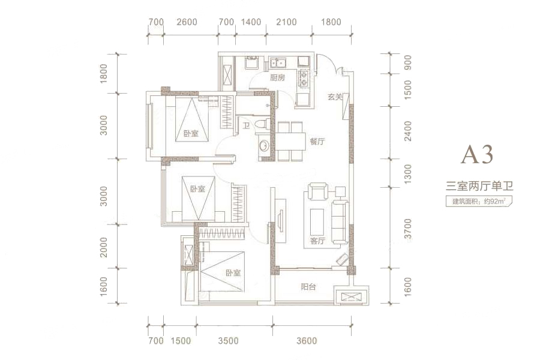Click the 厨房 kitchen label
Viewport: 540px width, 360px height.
(x=277, y=78)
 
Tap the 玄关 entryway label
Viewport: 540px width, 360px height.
(x=334, y=97)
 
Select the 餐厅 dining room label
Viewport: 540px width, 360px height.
(x=317, y=141)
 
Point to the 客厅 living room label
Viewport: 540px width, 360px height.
(x=317, y=241)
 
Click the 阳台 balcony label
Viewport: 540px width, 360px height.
(x=308, y=287)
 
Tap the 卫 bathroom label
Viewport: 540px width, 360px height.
(x=246, y=126)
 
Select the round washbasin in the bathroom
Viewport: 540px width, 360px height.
(x=264, y=146)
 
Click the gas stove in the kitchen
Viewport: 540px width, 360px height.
(x=304, y=78)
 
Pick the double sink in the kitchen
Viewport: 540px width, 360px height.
(x=279, y=63)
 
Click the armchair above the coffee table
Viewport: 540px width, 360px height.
(x=317, y=191)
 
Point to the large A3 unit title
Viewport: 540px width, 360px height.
(x=478, y=154)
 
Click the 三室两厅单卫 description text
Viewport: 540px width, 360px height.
(x=479, y=187)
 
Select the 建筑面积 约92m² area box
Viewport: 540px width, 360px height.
(x=479, y=201)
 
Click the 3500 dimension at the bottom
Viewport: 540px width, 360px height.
(x=229, y=341)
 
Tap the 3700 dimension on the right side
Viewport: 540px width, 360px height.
(x=408, y=228)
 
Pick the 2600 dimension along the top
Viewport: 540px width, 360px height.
(x=187, y=22)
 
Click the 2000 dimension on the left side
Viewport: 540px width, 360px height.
(x=104, y=247)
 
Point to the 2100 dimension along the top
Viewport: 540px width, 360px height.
(x=286, y=22)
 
